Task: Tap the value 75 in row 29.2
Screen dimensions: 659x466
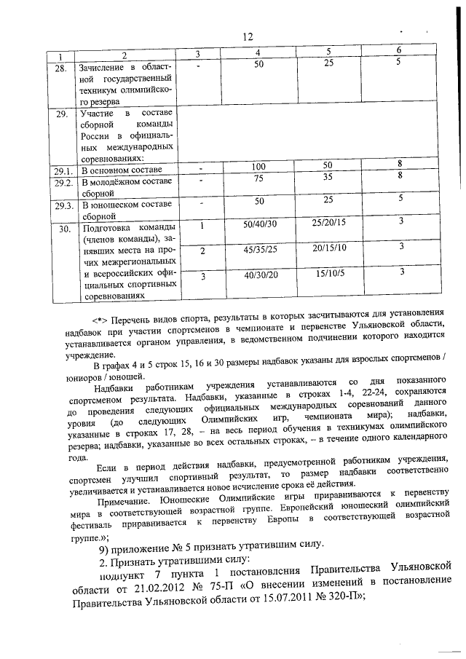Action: (258, 178)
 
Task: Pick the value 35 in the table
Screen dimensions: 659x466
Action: (328, 177)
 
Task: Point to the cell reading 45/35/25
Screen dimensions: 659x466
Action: (260, 248)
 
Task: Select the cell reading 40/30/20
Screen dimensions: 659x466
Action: (260, 274)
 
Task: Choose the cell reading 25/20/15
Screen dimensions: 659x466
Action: (328, 221)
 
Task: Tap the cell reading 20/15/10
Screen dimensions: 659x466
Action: (328, 248)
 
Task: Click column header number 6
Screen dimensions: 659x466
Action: (398, 50)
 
